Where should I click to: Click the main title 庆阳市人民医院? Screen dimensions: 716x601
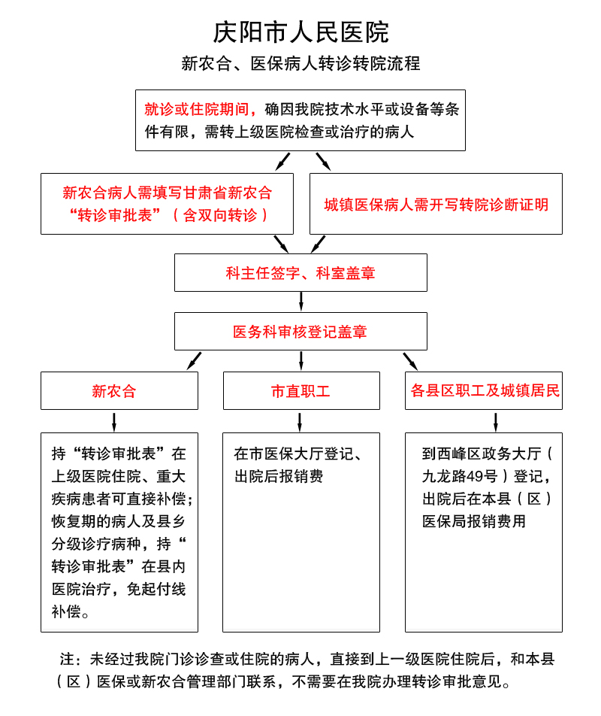click(300, 32)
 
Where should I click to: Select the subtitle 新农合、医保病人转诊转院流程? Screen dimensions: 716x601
click(300, 64)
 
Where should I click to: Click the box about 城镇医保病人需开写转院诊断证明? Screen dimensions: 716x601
click(436, 204)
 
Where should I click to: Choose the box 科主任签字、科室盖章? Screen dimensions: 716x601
click(300, 272)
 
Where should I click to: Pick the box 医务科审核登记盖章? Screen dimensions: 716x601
click(300, 331)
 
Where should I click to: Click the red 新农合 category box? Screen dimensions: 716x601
click(119, 390)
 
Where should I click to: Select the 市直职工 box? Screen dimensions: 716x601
click(300, 390)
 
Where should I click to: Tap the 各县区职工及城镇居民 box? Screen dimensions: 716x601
click(484, 390)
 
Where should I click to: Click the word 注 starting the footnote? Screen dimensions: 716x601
click(67, 660)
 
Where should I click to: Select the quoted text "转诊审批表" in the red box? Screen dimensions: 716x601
click(115, 215)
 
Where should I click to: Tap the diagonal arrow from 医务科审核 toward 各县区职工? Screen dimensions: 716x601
click(409, 360)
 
